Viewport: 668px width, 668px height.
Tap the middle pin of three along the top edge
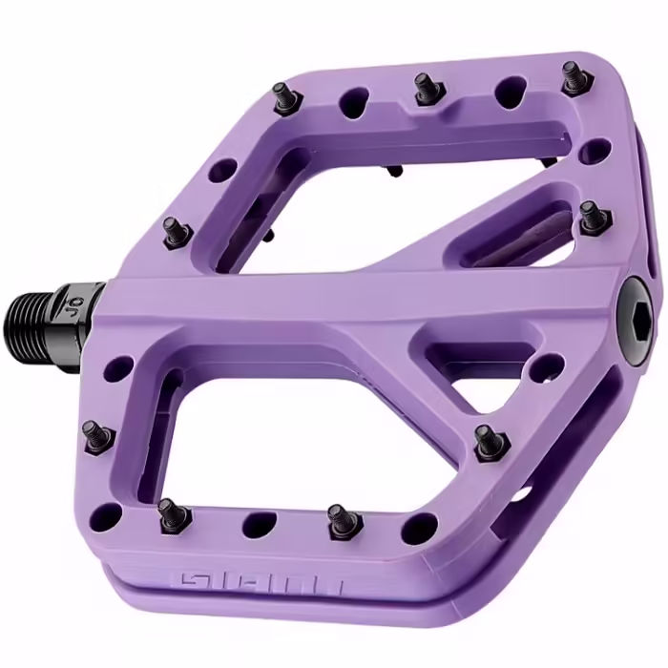[424, 87]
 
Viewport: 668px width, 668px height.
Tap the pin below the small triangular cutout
[486, 440]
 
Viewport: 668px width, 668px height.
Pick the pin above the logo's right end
[338, 519]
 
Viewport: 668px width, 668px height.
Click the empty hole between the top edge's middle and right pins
[506, 91]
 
